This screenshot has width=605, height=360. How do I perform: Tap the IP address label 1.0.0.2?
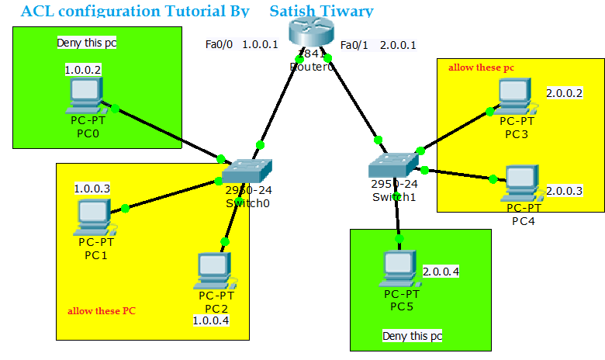coord(83,70)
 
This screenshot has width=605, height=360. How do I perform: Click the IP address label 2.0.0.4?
coord(441,272)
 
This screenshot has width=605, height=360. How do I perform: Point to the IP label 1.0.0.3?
coord(92,189)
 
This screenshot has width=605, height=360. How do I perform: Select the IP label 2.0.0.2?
coord(564,93)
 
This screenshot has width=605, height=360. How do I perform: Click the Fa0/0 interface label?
coord(219,44)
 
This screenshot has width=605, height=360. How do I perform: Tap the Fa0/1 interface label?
coord(354,44)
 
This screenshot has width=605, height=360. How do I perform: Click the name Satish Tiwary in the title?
coord(321,11)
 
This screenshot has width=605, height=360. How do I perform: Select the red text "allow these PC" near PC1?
coord(102,311)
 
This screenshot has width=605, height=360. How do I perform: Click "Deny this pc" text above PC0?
coord(87,43)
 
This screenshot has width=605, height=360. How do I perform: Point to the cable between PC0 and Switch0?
coord(167,133)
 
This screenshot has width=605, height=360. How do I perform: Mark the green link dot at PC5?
coord(400,239)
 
